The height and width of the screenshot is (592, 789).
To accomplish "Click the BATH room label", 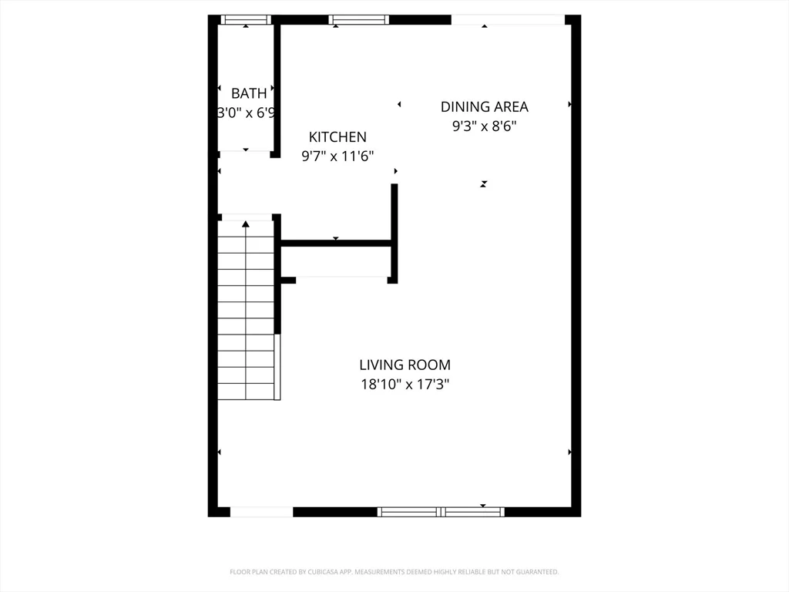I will click(x=249, y=93).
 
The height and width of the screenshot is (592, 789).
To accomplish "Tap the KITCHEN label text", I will click(x=337, y=137).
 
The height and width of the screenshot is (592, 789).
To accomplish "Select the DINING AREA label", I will click(x=484, y=107).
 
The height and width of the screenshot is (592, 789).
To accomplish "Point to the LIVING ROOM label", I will click(x=405, y=365).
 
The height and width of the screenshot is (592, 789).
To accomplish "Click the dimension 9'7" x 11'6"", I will click(x=337, y=156).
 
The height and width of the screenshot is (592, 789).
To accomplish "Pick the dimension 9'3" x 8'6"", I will click(x=484, y=126).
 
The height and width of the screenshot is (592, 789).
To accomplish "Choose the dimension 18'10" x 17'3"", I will click(x=405, y=384).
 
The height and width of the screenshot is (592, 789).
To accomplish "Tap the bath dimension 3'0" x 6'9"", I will click(x=247, y=113).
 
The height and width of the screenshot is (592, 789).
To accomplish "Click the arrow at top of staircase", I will click(x=246, y=224).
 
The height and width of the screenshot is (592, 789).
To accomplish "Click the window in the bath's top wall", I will click(x=246, y=19).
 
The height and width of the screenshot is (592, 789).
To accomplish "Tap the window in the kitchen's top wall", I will click(x=358, y=19).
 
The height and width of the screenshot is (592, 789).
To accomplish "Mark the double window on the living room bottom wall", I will click(x=441, y=512).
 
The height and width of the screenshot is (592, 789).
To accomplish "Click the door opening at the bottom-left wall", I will click(x=261, y=512).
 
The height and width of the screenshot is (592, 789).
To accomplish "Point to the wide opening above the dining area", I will click(x=508, y=19).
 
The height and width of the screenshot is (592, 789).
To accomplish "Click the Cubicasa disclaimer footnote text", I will click(x=394, y=572).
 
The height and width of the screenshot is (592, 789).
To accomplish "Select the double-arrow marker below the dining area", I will click(x=484, y=183).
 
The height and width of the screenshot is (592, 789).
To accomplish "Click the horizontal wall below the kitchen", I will click(x=337, y=244).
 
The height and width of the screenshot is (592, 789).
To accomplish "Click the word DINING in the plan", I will click(x=463, y=107).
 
